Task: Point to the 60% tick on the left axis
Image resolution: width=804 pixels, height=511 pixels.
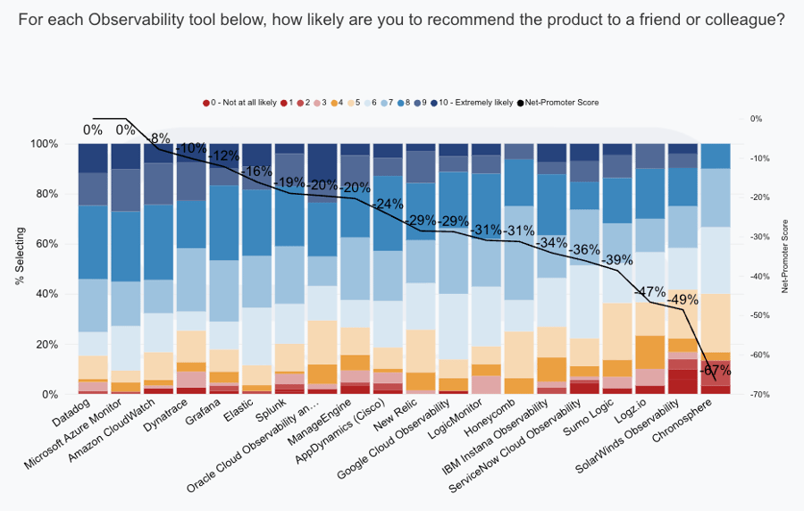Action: tap(45, 244)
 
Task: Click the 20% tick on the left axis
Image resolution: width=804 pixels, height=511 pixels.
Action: tap(45, 344)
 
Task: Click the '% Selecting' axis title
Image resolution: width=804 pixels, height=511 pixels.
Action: tap(19, 255)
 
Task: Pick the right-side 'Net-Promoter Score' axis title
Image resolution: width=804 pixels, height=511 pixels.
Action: tap(786, 255)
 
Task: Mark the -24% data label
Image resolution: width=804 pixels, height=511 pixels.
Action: tap(388, 204)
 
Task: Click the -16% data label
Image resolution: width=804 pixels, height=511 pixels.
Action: tap(256, 171)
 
